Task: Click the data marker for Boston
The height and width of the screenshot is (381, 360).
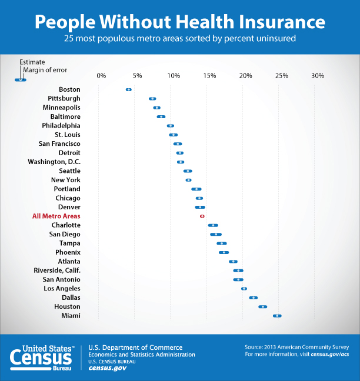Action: tap(128, 89)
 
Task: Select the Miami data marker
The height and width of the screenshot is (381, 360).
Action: tap(277, 316)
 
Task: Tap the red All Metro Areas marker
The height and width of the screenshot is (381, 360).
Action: tap(202, 216)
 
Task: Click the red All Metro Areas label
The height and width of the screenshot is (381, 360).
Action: tap(56, 216)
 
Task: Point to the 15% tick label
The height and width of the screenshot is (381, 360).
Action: tap(209, 76)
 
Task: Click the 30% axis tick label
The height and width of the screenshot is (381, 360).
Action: tap(318, 76)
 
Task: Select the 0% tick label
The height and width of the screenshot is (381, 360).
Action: tap(101, 76)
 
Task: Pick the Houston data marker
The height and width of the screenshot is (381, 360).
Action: tap(262, 306)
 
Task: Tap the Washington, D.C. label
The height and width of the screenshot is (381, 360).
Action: tap(54, 162)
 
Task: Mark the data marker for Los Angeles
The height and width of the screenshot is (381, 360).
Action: tap(244, 289)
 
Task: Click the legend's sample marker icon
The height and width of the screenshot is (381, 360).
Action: tap(20, 79)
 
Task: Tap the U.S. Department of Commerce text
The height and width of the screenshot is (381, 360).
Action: tap(135, 347)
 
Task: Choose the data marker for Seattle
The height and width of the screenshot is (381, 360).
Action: tap(188, 171)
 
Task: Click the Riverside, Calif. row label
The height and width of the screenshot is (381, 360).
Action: tap(57, 270)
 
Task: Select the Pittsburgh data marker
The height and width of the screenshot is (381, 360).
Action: tap(152, 99)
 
